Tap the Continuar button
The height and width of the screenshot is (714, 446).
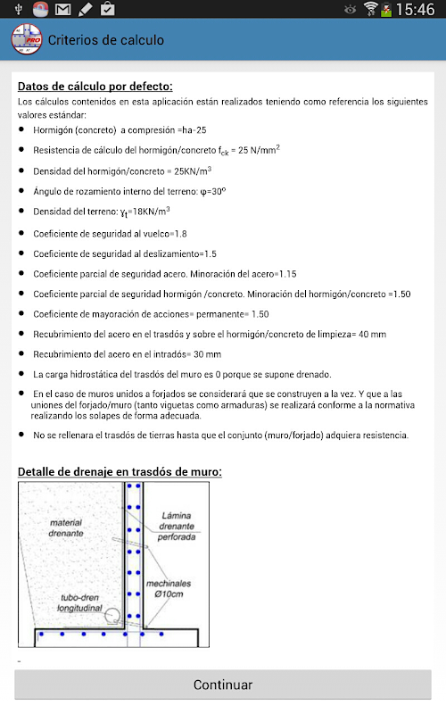click(222, 685)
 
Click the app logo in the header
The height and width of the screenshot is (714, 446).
click(27, 39)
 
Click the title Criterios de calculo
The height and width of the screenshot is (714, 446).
click(106, 40)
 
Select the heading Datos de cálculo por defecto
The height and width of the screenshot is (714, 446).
click(95, 86)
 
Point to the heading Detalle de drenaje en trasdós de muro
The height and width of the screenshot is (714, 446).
click(120, 471)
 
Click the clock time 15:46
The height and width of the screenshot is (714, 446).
click(415, 9)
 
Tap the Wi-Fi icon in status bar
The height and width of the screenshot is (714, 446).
click(371, 9)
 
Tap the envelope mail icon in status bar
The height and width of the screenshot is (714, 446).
click(62, 9)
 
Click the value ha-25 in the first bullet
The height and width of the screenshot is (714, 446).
click(194, 130)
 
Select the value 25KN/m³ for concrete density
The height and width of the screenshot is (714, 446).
click(193, 170)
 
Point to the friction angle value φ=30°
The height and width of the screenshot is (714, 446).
click(213, 191)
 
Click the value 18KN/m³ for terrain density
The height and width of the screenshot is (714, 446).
click(151, 211)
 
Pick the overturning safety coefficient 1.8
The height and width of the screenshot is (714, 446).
click(181, 234)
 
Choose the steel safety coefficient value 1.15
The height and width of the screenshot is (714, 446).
click(287, 274)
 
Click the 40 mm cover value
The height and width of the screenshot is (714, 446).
click(372, 334)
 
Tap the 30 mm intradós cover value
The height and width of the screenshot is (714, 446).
click(208, 354)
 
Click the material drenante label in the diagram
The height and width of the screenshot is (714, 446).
click(66, 527)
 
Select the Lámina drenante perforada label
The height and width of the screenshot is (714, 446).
click(177, 526)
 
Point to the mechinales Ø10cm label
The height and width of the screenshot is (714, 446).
click(169, 588)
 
